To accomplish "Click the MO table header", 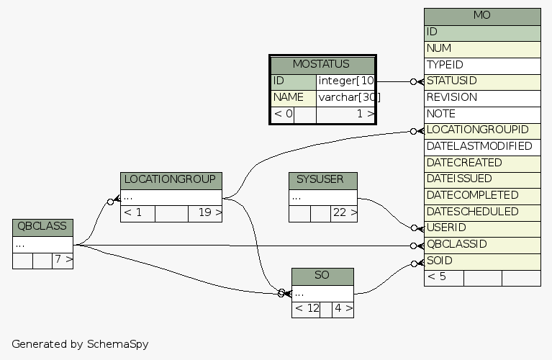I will pos(482,16).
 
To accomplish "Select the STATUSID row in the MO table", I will pos(482,81).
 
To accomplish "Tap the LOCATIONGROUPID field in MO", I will pos(482,130).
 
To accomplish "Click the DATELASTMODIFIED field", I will pos(482,146).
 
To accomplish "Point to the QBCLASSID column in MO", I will pos(482,244).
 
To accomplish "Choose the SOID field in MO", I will pos(482,261).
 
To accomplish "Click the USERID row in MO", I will pos(482,228).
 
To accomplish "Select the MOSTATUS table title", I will pos(322,65).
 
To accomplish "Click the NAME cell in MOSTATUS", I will pos(293,97).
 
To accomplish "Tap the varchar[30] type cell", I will pos(345,97).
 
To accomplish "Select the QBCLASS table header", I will pos(42,226).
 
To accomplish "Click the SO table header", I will pos(322,276).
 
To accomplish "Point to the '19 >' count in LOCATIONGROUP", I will pos(205,213).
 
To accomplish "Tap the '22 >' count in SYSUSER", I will pos(343,213).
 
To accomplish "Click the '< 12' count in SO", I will pos(306,309).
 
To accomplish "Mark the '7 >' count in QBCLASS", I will pos(63,259).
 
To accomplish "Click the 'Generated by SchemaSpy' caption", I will pos(80,343).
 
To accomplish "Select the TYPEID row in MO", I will pos(482,65).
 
